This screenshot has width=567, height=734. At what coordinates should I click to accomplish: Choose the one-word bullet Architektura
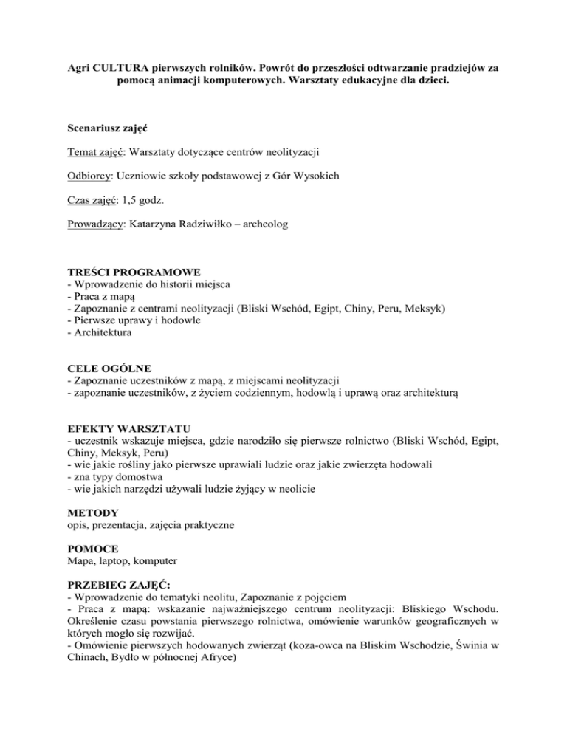(100, 335)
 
